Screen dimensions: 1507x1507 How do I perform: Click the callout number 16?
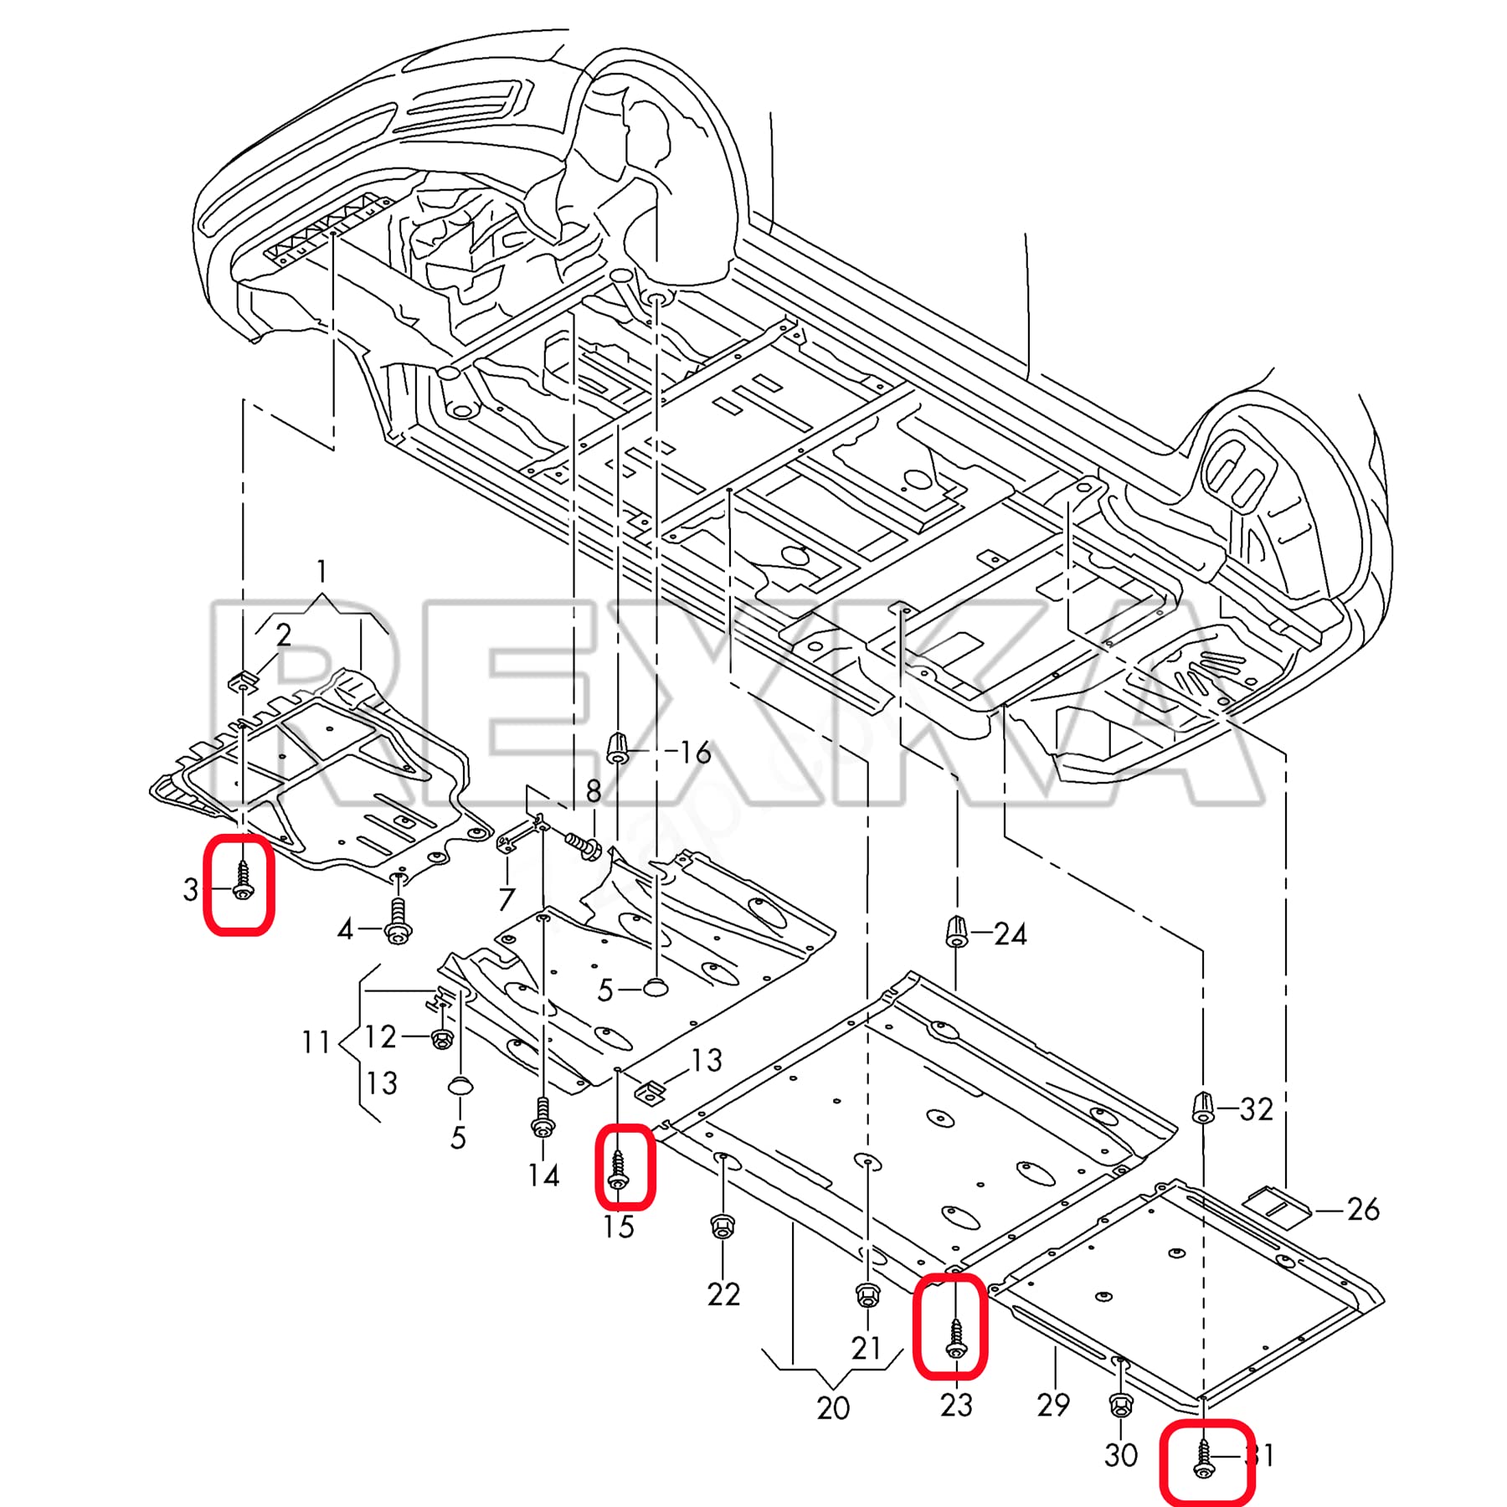(x=695, y=753)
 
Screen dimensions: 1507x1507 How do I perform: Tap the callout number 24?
(x=1010, y=934)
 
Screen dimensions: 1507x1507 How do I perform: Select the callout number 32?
(x=1256, y=1109)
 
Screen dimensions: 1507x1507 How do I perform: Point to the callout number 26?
(x=1362, y=1209)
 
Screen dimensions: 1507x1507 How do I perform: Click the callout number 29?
(x=1052, y=1404)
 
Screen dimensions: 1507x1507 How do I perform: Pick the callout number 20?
(x=833, y=1408)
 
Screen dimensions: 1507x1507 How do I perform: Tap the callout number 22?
(x=723, y=1294)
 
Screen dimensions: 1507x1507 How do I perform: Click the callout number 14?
(x=543, y=1175)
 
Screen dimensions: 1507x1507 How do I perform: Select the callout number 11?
(x=316, y=1042)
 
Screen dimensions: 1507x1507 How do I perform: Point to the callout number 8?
(x=594, y=791)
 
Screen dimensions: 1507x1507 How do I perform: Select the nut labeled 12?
(x=441, y=1039)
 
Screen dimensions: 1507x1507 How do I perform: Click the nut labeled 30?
(x=1120, y=1404)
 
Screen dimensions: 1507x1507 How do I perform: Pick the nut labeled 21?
(x=867, y=1296)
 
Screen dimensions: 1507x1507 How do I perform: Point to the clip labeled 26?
(x=1278, y=1206)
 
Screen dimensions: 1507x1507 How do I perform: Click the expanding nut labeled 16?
(x=617, y=748)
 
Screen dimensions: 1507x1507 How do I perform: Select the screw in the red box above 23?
(x=956, y=1339)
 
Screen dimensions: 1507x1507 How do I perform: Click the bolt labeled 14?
(x=543, y=1119)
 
